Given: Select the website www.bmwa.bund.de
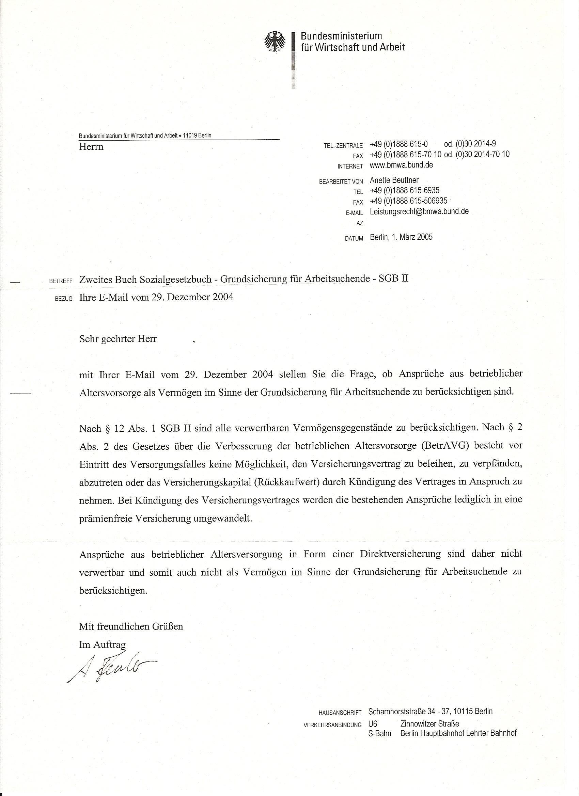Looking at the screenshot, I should point(401,165).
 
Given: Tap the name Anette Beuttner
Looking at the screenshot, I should point(394,180).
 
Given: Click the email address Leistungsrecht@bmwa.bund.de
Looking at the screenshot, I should point(419,211).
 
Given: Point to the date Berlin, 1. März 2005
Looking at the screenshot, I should point(401,237).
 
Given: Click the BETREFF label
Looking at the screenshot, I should point(61,281).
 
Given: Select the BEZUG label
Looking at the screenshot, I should point(64,299).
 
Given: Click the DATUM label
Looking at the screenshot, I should point(354,239).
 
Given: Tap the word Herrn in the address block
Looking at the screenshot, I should point(91,147).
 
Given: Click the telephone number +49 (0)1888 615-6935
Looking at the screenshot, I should point(405,191).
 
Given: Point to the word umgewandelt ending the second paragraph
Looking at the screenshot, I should point(222,519).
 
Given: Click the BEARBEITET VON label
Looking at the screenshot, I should point(341,182).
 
